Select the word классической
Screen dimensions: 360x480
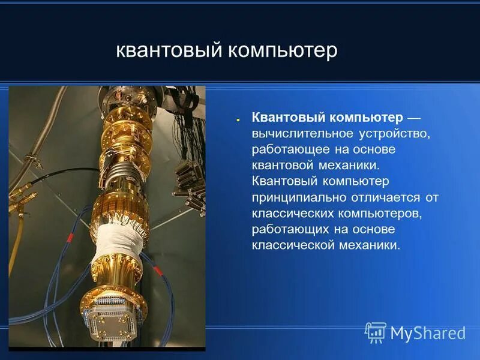point(292,245)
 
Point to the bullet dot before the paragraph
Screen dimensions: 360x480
point(238,118)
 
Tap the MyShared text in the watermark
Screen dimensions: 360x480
point(428,333)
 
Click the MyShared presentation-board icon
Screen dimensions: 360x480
point(376,332)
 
